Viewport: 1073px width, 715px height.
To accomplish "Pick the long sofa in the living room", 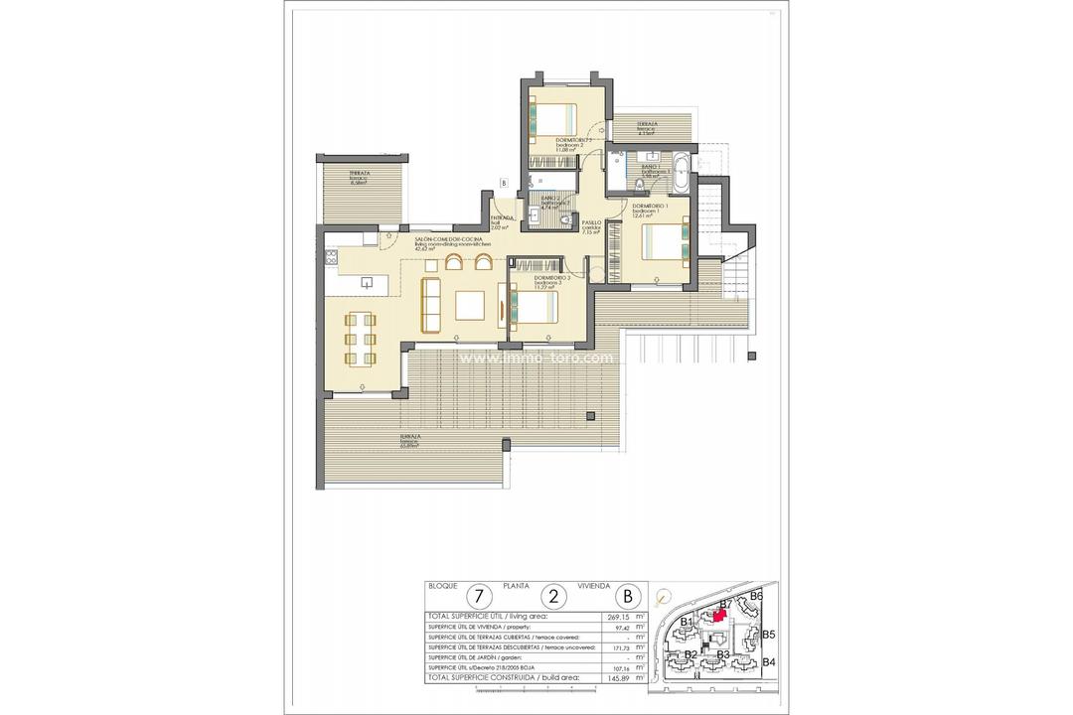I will point(430,306).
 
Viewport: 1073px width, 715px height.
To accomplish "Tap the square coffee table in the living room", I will point(470,306).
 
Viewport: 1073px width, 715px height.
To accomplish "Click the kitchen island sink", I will point(366,283).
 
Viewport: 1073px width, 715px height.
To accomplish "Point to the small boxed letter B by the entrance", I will point(504,183).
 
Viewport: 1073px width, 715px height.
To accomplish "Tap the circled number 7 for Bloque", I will point(481,597).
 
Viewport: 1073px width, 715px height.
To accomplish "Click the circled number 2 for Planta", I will point(554,597).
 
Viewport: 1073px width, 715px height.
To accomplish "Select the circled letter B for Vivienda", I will point(627,597).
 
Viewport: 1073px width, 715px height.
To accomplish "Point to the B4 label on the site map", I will point(769,661).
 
